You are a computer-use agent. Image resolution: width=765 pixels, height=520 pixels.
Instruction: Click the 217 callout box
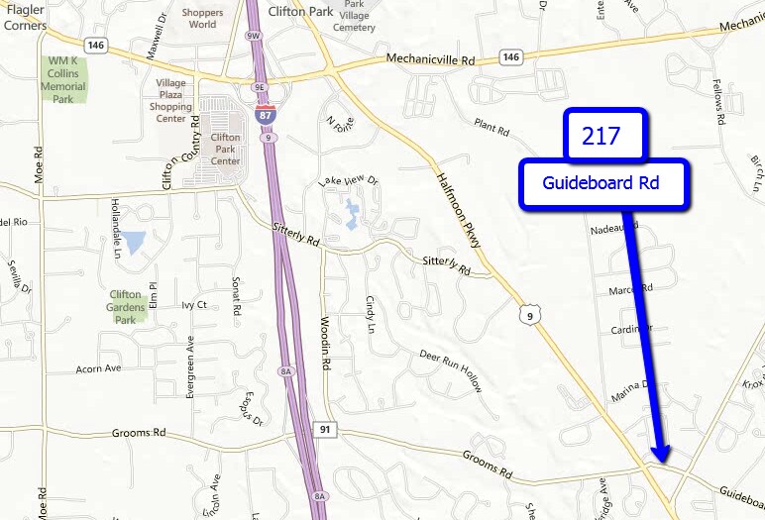pos(604,136)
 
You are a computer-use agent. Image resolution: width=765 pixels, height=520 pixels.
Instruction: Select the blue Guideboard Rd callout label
pos(602,184)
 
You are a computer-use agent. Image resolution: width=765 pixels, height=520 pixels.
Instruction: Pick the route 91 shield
pos(324,430)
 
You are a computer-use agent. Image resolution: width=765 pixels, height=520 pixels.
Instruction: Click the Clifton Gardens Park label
pos(126,307)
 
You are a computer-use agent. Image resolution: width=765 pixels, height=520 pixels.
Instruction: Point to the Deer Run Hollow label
pos(450,369)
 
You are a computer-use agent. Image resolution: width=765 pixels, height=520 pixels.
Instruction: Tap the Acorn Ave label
pos(98,368)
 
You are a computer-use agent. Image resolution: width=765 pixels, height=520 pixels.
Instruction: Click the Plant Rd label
pos(491,128)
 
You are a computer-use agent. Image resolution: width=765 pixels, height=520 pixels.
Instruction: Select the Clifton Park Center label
pos(225,150)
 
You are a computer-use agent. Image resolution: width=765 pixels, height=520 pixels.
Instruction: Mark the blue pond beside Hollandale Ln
pos(134,241)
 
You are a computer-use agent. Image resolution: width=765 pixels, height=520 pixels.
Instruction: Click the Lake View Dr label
pos(348,181)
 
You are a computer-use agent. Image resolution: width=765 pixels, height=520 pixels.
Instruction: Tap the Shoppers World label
pos(202,18)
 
